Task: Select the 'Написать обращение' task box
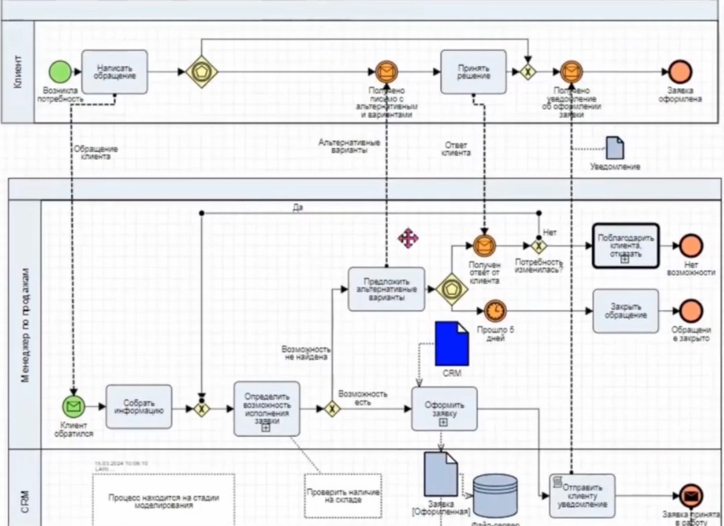115,72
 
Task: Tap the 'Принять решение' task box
473,72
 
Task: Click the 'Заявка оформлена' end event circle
680,72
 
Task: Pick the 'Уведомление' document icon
615,148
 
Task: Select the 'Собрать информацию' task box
139,407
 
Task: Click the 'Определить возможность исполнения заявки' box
266,409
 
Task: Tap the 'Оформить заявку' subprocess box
444,408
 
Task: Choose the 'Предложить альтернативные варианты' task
387,289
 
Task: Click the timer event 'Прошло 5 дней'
495,311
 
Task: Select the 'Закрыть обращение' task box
625,311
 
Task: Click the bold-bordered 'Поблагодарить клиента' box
625,246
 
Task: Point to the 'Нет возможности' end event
690,246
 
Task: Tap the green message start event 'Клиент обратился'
74,406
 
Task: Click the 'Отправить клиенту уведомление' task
582,496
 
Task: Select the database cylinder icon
495,496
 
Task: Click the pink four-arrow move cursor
408,238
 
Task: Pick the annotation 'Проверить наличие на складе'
343,496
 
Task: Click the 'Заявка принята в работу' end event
690,496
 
